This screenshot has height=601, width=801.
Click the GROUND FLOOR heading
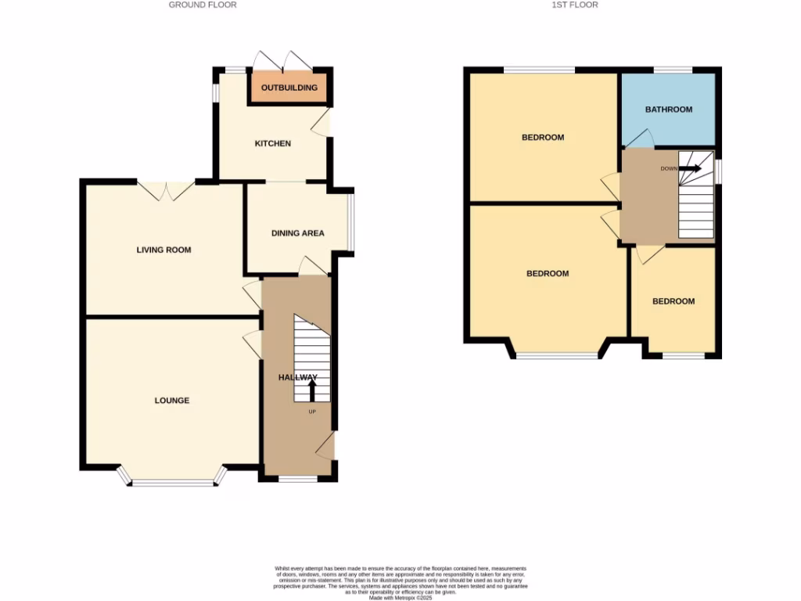[x=203, y=5]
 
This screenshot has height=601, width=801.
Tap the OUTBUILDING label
[x=289, y=88]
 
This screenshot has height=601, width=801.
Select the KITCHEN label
[x=273, y=144]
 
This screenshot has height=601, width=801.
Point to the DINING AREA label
[x=297, y=233]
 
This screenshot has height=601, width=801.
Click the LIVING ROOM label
[x=163, y=250]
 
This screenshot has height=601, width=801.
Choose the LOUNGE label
[x=171, y=401]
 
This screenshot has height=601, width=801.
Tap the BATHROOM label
[x=668, y=110]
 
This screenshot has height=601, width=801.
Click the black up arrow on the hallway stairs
[x=312, y=390]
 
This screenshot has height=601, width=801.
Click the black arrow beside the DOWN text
[x=691, y=167]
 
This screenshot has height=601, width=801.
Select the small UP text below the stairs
[x=312, y=412]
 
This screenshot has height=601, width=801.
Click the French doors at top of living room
[x=166, y=190]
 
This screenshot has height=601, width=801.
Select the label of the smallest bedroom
[x=673, y=301]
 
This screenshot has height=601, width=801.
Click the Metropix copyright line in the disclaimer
[x=400, y=597]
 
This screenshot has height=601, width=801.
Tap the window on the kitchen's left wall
[x=215, y=92]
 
